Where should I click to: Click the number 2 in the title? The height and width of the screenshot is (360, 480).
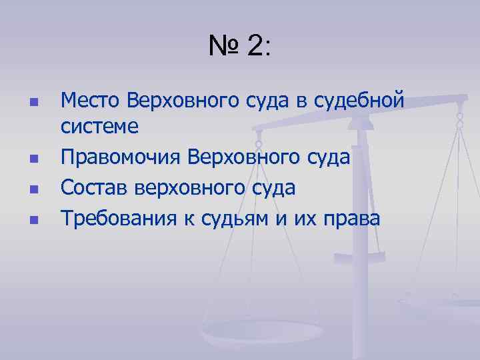255,47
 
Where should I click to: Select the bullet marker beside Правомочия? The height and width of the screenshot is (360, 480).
32,159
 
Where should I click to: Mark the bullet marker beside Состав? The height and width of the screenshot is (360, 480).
32,189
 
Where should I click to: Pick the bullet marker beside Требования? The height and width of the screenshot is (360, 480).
32,218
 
